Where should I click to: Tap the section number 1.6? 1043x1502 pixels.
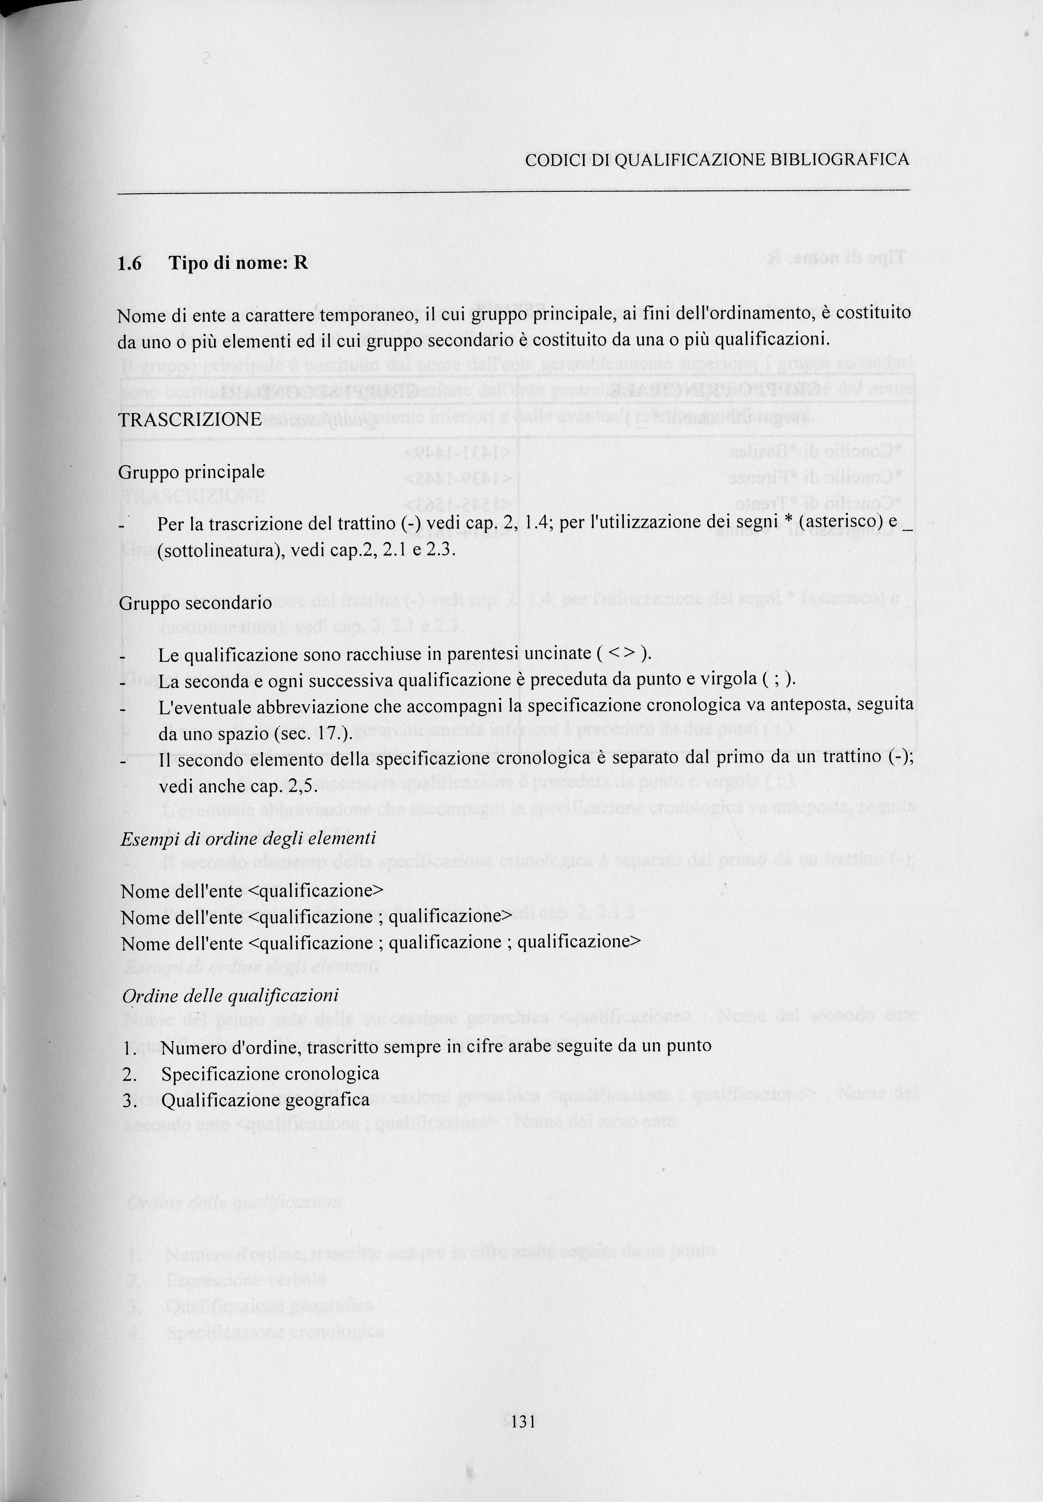tap(129, 264)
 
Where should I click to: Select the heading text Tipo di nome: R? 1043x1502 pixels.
tap(238, 264)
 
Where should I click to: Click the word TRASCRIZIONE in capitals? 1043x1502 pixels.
tap(190, 419)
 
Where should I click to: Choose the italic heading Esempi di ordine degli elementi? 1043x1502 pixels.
tap(248, 838)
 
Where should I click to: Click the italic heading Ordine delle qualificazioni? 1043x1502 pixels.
tap(230, 996)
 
